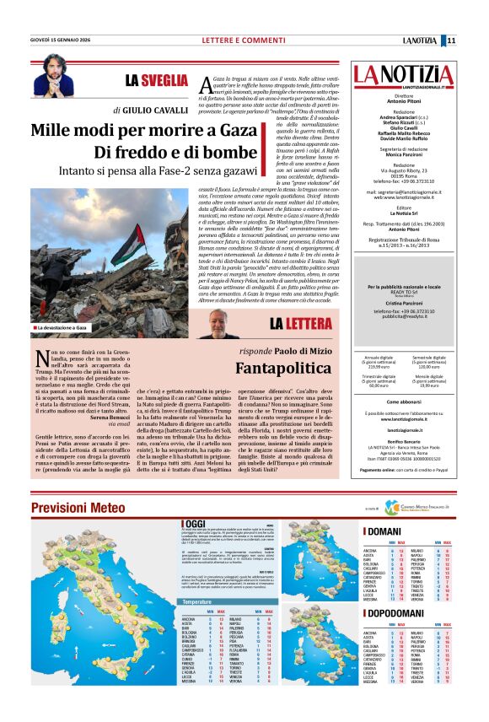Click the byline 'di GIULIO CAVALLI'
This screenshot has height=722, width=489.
coord(152,110)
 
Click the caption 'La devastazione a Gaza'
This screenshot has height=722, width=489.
coord(61,326)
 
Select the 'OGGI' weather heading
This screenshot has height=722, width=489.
coord(182,525)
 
